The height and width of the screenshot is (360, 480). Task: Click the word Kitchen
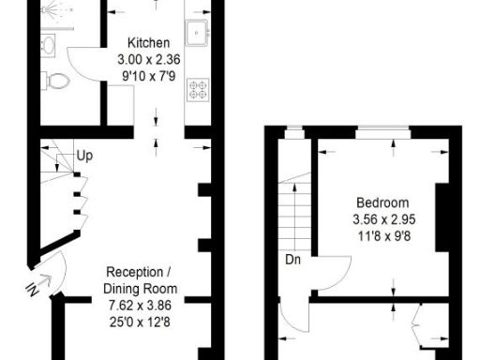tap(149, 43)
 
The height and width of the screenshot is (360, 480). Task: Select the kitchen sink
tap(197, 31)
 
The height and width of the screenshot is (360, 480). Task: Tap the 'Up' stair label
tap(84, 155)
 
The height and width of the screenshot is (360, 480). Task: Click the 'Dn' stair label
tap(293, 260)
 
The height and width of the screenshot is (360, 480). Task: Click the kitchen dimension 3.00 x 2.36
tap(149, 58)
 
